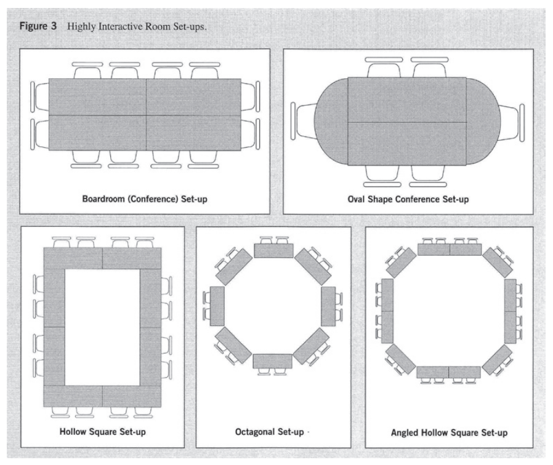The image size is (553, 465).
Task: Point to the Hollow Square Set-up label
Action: [102, 431]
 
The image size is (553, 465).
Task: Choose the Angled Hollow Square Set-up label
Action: [449, 432]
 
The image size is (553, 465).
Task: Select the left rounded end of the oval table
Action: [331, 121]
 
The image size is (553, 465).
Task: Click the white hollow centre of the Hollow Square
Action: [102, 328]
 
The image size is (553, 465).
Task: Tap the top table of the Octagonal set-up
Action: [273, 250]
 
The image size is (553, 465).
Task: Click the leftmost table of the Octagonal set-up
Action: [217, 306]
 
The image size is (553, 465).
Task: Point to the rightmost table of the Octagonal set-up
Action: [329, 306]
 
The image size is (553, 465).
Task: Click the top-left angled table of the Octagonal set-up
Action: [234, 266]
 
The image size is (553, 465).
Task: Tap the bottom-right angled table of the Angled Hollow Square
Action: [497, 359]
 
